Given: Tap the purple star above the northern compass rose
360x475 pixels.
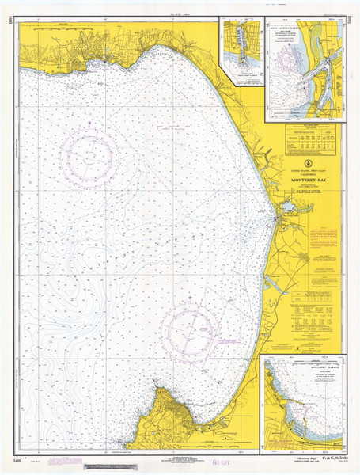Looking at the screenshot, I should (93, 122).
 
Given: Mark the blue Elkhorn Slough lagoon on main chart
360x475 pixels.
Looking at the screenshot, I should (288, 207).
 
